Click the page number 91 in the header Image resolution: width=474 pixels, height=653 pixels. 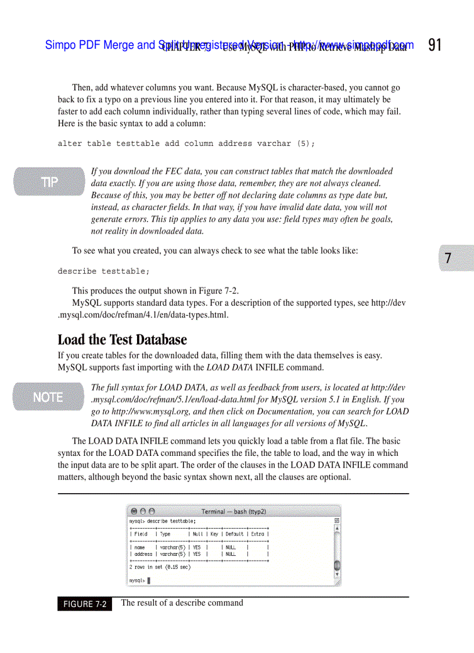tap(435, 45)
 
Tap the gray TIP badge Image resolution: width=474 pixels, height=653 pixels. tap(49, 182)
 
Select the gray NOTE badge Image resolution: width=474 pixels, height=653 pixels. tap(48, 397)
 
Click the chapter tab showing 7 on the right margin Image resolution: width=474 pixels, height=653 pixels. tap(448, 258)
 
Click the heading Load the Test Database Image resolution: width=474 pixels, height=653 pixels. tap(122, 340)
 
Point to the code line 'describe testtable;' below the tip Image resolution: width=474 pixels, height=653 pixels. tap(103, 272)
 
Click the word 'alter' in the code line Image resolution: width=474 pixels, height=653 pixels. tap(69, 144)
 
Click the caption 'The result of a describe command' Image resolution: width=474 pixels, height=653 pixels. tap(182, 603)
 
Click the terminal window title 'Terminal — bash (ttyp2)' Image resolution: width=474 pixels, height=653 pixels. tap(234, 512)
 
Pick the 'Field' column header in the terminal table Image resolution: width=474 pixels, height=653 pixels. tap(141, 534)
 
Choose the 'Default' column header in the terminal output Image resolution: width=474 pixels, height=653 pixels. tap(235, 534)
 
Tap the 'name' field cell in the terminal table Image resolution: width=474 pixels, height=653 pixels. tap(139, 547)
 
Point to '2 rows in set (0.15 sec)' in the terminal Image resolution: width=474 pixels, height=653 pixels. tap(160, 567)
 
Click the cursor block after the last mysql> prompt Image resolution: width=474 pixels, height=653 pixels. tap(149, 580)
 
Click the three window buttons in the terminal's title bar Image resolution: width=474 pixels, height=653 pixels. tap(143, 512)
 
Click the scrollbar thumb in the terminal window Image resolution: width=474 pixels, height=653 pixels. tap(337, 565)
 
